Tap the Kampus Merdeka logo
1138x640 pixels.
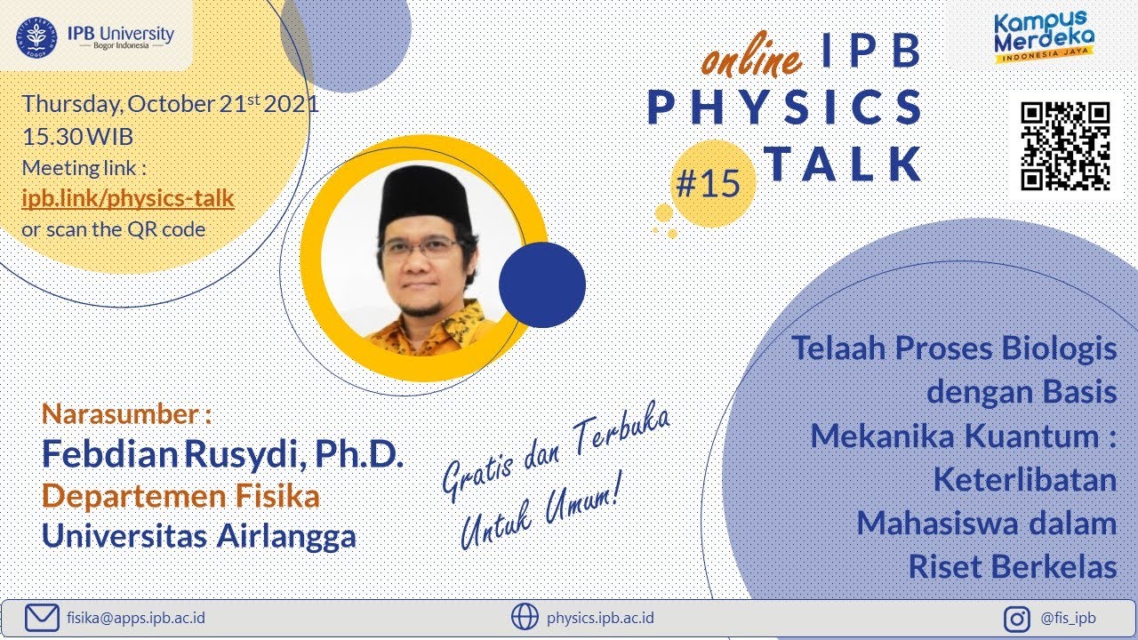pyautogui.click(x=1043, y=38)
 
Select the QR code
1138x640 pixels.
pyautogui.click(x=1065, y=146)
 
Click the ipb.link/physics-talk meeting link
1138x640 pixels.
pyautogui.click(x=128, y=197)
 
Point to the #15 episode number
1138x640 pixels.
pyautogui.click(x=708, y=184)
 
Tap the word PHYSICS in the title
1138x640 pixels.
pyautogui.click(x=785, y=108)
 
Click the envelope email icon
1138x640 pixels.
pyautogui.click(x=41, y=616)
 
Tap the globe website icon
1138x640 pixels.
pyautogui.click(x=525, y=616)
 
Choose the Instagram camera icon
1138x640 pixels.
pyautogui.click(x=1017, y=618)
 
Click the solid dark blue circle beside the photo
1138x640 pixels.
pyautogui.click(x=541, y=285)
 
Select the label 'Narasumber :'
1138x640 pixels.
pyautogui.click(x=127, y=413)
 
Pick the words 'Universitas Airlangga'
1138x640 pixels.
pyautogui.click(x=199, y=535)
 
